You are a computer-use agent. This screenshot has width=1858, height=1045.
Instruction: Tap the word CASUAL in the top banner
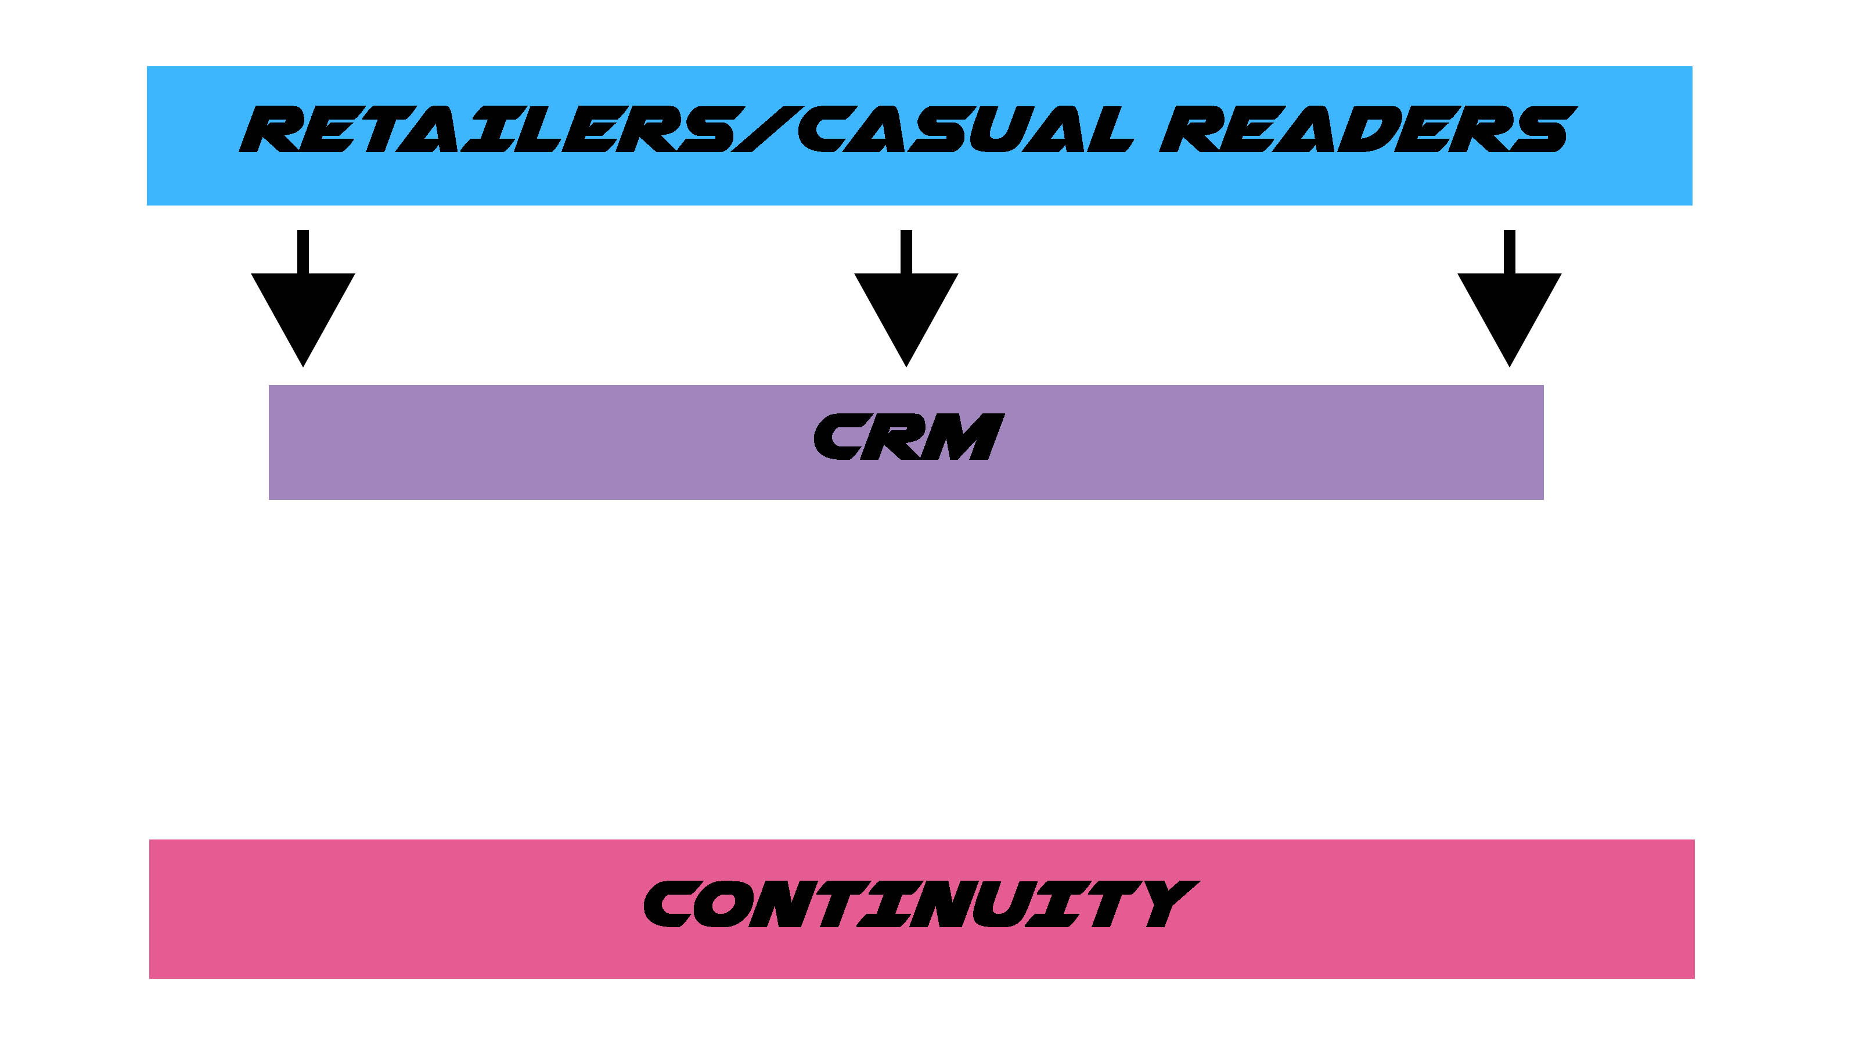[x=963, y=130]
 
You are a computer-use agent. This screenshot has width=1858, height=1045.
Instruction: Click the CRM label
[x=908, y=437]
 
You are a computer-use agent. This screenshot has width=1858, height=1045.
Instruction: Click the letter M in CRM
[x=963, y=437]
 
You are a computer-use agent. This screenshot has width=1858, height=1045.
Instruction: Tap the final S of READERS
[x=1540, y=130]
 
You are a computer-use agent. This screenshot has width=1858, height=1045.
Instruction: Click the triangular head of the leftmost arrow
[x=303, y=310]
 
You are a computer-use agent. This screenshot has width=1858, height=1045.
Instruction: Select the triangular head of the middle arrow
[x=906, y=310]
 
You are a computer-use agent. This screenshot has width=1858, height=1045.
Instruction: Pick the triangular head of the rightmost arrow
[x=1510, y=310]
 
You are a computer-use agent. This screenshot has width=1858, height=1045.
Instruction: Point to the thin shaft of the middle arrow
[x=906, y=251]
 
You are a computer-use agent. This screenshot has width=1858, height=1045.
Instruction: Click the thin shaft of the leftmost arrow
[x=303, y=251]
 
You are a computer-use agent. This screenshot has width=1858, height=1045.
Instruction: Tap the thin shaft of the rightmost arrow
[x=1510, y=251]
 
